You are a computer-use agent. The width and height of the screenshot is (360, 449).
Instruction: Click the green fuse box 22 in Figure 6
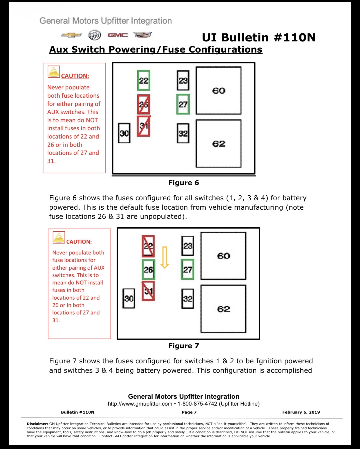[x=144, y=80]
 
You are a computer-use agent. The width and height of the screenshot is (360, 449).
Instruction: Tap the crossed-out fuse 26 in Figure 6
[x=143, y=104]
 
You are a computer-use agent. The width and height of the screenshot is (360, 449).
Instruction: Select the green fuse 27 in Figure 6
[x=183, y=104]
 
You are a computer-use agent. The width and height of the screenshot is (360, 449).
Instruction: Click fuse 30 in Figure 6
[x=124, y=133]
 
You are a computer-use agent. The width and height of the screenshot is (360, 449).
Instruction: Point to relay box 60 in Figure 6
[x=219, y=91]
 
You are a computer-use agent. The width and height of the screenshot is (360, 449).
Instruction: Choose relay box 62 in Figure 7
[x=223, y=309]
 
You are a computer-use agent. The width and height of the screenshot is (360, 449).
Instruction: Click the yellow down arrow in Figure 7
[x=165, y=257]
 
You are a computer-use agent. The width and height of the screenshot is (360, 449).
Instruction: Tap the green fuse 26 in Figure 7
[x=148, y=270]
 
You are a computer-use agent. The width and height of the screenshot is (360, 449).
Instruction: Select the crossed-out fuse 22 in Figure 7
[x=148, y=246]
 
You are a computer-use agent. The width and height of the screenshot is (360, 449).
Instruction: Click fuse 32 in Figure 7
[x=188, y=298]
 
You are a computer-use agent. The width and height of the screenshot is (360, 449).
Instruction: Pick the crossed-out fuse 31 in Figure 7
[x=148, y=291]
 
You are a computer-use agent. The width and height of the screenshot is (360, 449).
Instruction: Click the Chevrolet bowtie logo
[x=71, y=35]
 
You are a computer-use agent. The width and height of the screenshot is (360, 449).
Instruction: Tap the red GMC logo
[x=118, y=35]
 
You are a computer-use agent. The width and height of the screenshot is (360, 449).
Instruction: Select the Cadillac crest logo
[x=143, y=35]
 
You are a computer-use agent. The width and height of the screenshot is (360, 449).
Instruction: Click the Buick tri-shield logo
[x=95, y=35]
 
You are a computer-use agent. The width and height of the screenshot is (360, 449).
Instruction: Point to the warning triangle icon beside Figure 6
[x=54, y=72]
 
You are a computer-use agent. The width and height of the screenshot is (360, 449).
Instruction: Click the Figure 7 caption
[x=184, y=346]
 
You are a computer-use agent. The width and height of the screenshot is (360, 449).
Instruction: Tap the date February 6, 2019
[x=301, y=412]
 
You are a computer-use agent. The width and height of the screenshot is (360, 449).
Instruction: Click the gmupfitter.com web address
[x=140, y=404]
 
